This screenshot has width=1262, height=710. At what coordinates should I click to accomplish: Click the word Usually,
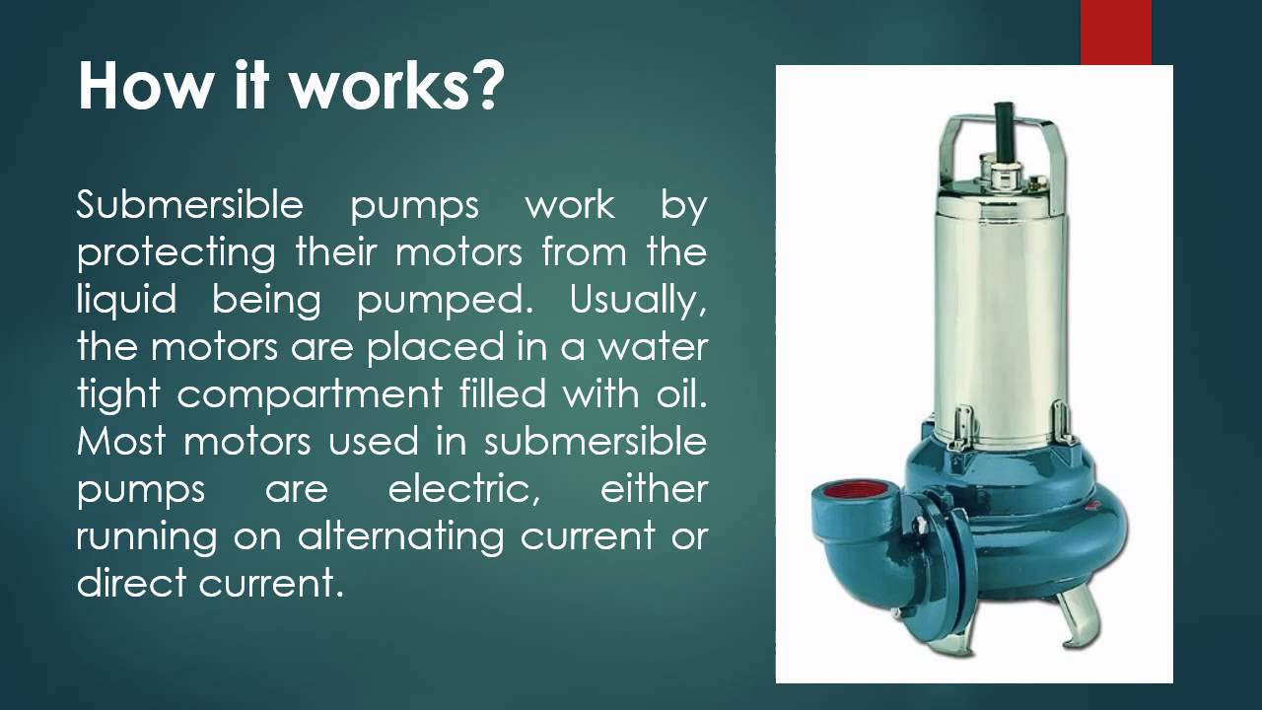[638, 300]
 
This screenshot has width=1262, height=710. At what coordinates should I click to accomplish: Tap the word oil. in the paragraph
[679, 394]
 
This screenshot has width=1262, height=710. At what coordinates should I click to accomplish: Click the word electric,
[463, 489]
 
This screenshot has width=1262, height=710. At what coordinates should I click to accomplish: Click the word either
[654, 487]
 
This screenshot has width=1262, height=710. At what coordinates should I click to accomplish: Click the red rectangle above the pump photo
[1115, 32]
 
